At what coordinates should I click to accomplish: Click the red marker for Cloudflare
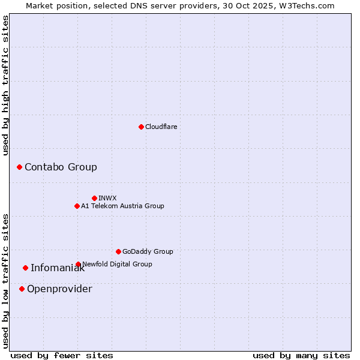point(141,127)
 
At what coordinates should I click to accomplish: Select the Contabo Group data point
point(19,167)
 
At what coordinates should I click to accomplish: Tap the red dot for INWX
point(94,198)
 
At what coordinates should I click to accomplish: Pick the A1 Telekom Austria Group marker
point(77,206)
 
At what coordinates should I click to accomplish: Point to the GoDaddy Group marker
point(118,251)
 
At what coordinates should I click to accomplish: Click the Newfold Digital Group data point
point(78,264)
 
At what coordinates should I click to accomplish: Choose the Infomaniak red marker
point(25,268)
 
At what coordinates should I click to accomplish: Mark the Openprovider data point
point(22,289)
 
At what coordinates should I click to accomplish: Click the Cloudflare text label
point(161,127)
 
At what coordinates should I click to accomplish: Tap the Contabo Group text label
point(61,167)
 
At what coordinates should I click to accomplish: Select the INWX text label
point(107,198)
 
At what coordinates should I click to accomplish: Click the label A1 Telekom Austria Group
point(122,206)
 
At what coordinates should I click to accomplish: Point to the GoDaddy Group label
point(148,251)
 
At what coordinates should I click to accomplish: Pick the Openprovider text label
point(59,289)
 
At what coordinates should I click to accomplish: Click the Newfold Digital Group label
point(117,264)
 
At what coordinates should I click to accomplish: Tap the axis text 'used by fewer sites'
point(62,355)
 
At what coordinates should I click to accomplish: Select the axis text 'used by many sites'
point(301,355)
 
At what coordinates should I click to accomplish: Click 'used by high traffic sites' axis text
point(6,85)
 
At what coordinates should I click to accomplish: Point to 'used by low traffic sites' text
point(6,280)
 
